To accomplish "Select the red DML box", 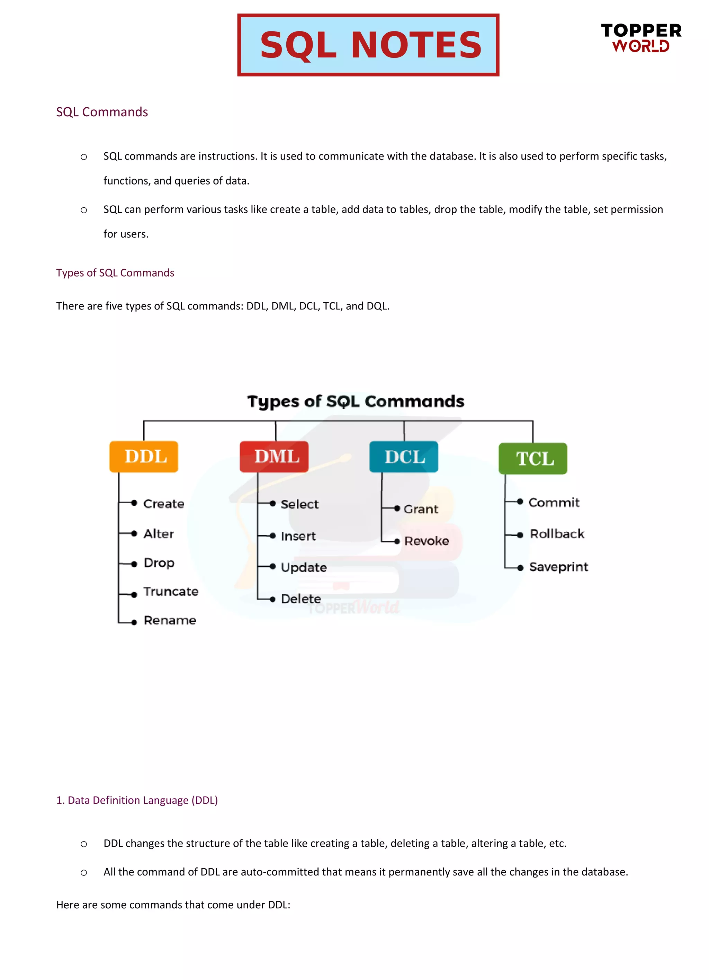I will (274, 456).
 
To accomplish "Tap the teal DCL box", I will (404, 456).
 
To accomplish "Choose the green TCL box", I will (533, 458).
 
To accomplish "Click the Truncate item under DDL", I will (171, 591).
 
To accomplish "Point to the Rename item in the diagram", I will (169, 620).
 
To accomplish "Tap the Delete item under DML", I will (301, 599).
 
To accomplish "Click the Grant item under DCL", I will (421, 509).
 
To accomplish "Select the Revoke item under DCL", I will (427, 541).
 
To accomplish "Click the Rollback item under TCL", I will (557, 534).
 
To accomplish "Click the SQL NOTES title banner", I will (368, 45).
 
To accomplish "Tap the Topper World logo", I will (641, 38).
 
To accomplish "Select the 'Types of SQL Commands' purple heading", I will (115, 273).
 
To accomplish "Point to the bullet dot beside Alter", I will (134, 533).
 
